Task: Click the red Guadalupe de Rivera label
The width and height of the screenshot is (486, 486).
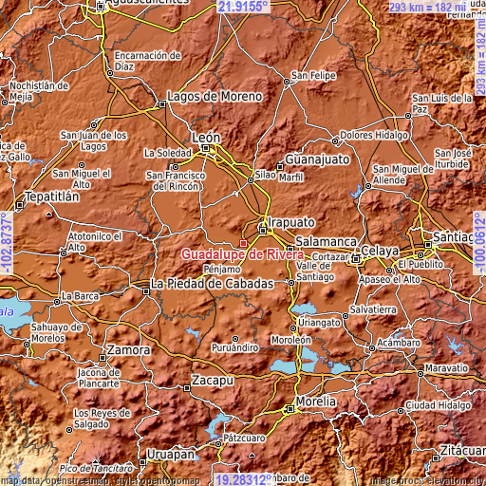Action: point(241,255)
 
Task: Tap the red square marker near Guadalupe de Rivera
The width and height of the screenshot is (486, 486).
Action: point(243,243)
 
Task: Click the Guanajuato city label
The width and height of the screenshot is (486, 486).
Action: point(318,159)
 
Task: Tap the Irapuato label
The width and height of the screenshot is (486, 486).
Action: point(290,221)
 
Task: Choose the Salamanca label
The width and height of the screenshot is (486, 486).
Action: point(326,242)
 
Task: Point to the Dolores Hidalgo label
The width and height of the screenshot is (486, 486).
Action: point(383,135)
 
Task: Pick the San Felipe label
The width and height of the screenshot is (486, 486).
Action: point(313,75)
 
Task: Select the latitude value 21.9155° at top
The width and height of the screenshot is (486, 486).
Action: point(243,6)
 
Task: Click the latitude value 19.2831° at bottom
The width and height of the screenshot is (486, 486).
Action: point(243,479)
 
